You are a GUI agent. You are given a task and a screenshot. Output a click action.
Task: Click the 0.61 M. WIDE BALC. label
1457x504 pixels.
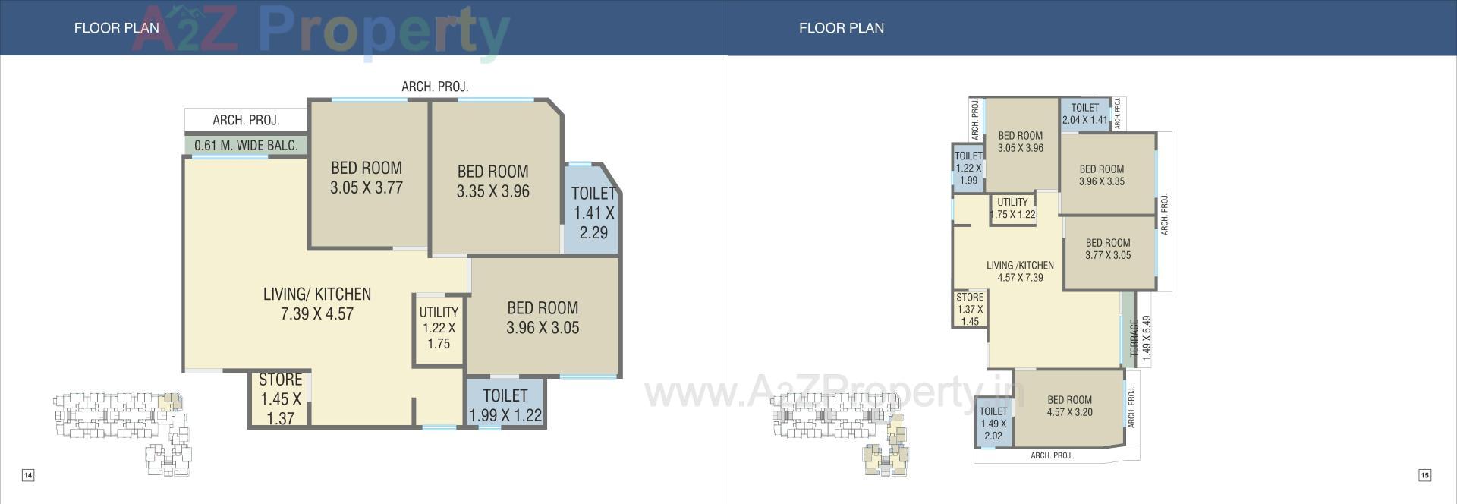click(x=246, y=145)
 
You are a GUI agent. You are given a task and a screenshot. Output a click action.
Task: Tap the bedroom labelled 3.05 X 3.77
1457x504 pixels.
click(x=367, y=178)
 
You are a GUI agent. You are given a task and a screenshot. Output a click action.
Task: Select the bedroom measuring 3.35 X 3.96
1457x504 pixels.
click(x=492, y=181)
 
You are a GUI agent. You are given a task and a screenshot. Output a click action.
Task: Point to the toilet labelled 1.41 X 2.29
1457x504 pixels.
click(x=593, y=213)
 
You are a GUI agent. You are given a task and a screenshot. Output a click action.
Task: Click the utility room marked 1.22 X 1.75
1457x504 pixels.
click(x=439, y=328)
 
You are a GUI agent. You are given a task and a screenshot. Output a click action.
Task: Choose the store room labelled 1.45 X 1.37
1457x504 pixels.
click(x=280, y=398)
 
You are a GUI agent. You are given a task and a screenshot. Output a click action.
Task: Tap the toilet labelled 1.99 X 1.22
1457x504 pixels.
click(x=505, y=405)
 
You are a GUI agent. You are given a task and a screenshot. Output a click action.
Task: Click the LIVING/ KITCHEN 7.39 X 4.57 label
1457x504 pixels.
click(x=317, y=304)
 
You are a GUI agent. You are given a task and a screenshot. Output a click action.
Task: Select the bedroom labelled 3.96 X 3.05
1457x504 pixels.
click(x=543, y=318)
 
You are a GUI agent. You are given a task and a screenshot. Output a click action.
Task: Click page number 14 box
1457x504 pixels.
click(x=27, y=475)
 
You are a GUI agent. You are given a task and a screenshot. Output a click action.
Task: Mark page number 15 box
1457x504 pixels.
click(x=1424, y=475)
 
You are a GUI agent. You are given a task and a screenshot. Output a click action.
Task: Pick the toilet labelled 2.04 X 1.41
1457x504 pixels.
click(x=1084, y=114)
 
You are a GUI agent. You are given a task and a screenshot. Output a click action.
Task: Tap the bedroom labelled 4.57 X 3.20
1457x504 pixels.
click(x=1069, y=406)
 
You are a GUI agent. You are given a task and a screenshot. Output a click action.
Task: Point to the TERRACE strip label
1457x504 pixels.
click(x=1133, y=338)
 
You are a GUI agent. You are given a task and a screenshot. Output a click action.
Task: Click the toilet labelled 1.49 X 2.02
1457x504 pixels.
click(x=993, y=424)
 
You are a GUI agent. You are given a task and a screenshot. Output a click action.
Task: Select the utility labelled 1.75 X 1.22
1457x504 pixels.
click(x=1012, y=208)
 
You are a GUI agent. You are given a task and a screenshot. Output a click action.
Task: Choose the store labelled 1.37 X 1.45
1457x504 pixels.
click(x=970, y=309)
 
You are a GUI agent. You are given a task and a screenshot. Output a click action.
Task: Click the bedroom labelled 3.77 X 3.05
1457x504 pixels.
click(x=1107, y=249)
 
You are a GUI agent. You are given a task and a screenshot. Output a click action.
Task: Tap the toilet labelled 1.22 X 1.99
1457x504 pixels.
click(x=968, y=168)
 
